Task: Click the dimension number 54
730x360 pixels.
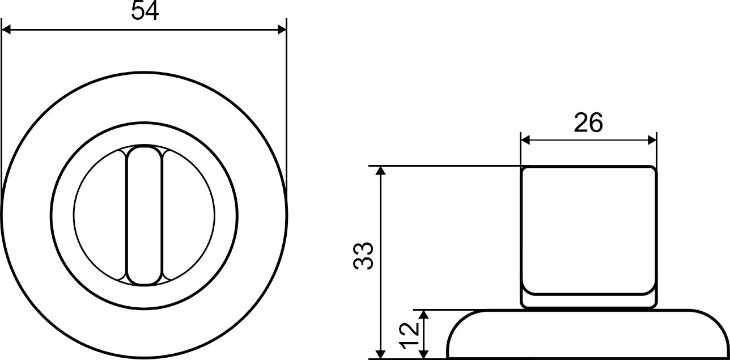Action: coord(145,11)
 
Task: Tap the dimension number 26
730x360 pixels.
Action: coord(588,122)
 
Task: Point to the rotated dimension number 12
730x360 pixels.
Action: coord(408,336)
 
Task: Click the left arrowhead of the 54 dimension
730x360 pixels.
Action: coord(6,29)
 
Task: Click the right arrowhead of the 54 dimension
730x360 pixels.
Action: coord(282,29)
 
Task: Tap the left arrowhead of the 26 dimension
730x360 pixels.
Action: coord(525,141)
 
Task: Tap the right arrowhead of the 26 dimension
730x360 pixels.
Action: coord(652,141)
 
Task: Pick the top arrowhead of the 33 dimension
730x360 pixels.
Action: coord(381,171)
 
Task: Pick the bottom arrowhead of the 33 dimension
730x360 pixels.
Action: coord(381,354)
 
